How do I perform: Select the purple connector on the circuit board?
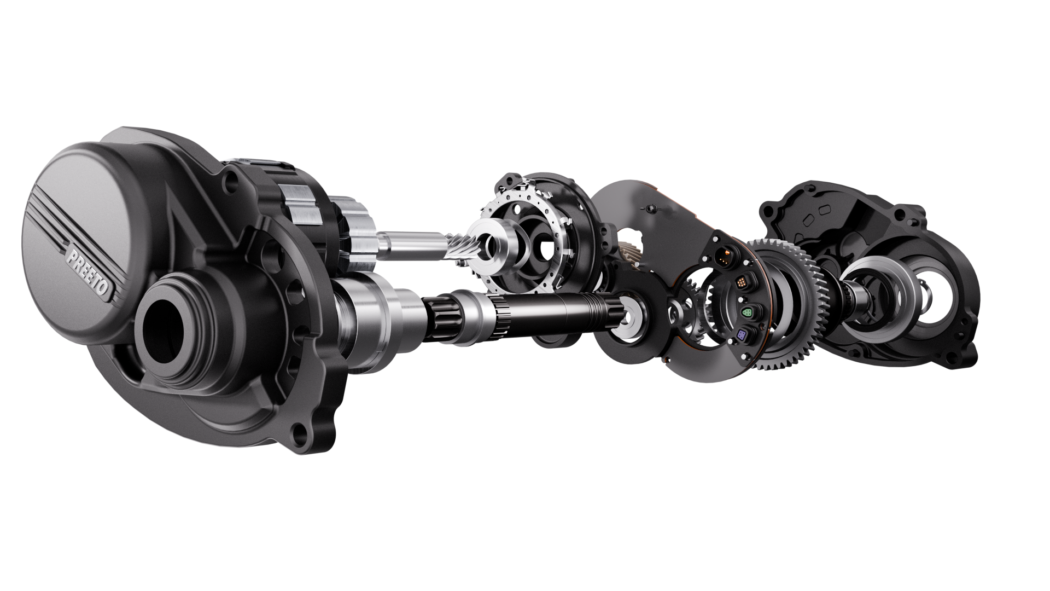742,335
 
